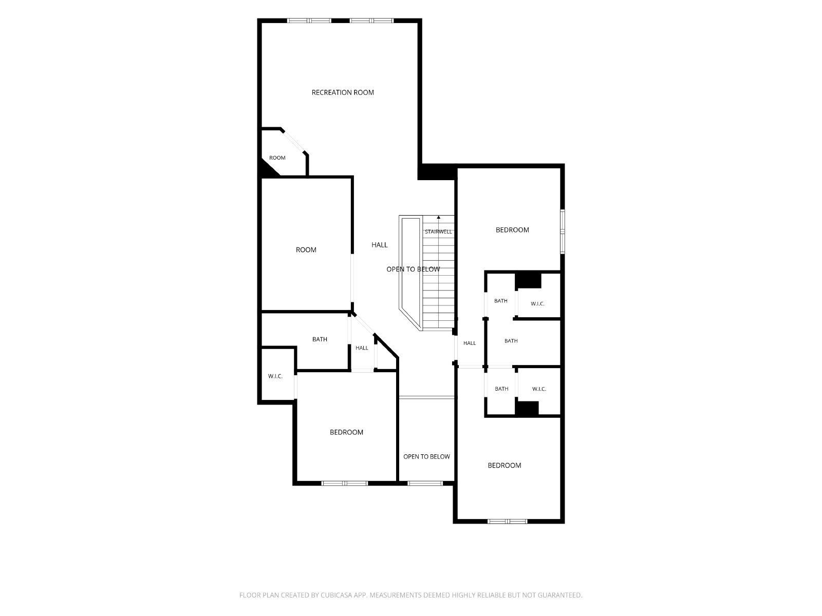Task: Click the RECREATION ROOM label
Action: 343,92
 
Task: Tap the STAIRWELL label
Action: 438,232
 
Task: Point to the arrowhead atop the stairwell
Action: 439,217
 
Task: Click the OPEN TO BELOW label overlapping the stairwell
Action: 413,269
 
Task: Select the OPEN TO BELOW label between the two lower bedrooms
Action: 426,457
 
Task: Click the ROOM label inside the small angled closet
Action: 277,158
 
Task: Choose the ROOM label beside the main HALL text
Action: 306,250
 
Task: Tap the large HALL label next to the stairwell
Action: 379,245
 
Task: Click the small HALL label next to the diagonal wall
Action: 362,348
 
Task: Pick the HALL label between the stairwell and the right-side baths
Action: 470,343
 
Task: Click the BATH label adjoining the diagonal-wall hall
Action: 320,339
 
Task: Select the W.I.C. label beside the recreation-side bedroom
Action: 275,376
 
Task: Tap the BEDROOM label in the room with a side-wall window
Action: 512,230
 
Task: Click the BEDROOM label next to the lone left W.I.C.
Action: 346,432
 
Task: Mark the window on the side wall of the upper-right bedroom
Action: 563,232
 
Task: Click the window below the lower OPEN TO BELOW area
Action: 425,483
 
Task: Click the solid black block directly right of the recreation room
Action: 437,172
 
